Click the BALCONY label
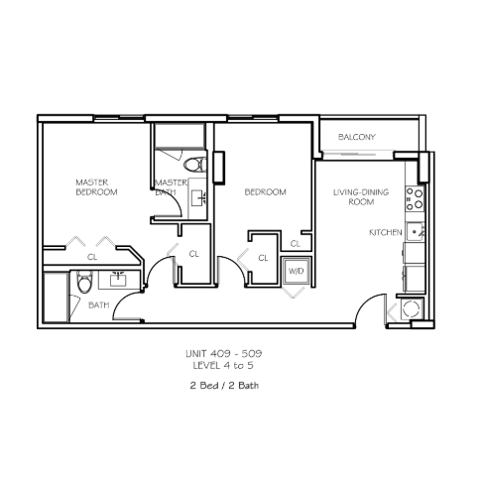pos(357,137)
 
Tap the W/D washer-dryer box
pos(296,271)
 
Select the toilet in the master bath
pos(195,165)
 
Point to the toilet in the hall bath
pos(84,282)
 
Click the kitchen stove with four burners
pos(415,198)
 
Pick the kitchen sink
pos(415,232)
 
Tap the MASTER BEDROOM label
pos(96,187)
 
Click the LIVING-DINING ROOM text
pos(361,197)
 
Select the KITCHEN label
pos(386,233)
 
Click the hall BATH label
pos(99,305)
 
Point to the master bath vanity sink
pos(197,198)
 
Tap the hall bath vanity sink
pos(118,280)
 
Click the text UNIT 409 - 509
pos(224,354)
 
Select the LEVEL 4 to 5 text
pos(223,366)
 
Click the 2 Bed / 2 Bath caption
pos(224,386)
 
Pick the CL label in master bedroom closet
pos(92,257)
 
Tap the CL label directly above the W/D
pos(296,244)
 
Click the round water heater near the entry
pos(412,309)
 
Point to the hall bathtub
pos(56,297)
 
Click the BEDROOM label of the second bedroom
pos(265,192)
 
